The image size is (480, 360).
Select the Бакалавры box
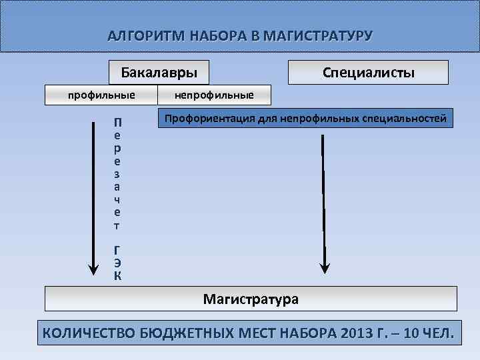[159, 72]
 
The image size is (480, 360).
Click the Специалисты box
[368, 72]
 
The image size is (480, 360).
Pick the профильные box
[102, 95]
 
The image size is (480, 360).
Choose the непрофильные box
[214, 95]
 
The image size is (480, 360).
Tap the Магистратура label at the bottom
[251, 299]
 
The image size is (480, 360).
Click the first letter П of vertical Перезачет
[117, 123]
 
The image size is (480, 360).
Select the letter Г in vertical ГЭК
[117, 250]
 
